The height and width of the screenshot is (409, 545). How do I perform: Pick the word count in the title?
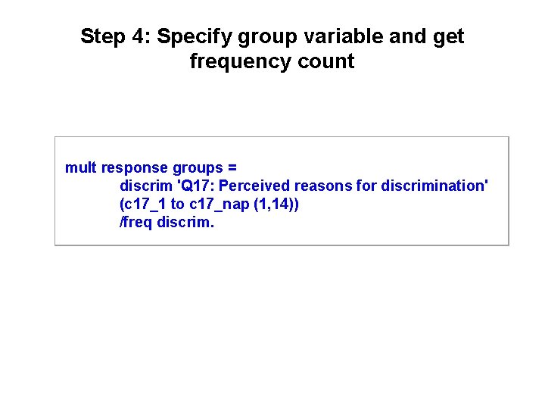[x=325, y=61]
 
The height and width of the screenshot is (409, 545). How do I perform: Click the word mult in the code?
[x=81, y=167]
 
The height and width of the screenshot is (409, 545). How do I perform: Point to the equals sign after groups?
[x=232, y=167]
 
